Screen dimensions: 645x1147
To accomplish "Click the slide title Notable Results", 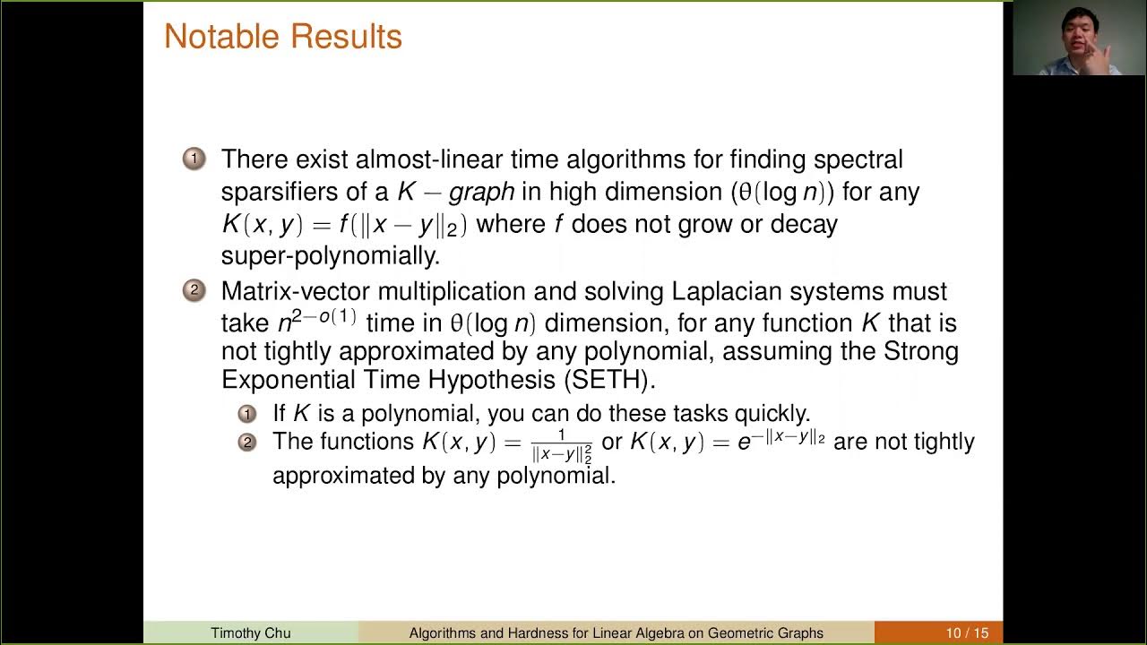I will pyautogui.click(x=282, y=37).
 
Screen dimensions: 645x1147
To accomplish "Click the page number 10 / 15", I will pyautogui.click(x=967, y=633).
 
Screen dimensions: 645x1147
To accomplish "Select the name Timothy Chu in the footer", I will pyautogui.click(x=251, y=633).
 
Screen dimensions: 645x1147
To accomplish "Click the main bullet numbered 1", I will pyautogui.click(x=194, y=159).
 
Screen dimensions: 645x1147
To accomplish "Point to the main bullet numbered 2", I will pyautogui.click(x=194, y=290).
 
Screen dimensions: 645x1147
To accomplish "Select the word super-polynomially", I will pyautogui.click(x=330, y=256).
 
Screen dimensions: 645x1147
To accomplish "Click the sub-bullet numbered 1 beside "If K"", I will pyautogui.click(x=246, y=414).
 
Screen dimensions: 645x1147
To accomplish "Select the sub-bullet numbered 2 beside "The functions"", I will pyautogui.click(x=246, y=442).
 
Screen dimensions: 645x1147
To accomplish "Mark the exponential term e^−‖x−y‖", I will pyautogui.click(x=780, y=440).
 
